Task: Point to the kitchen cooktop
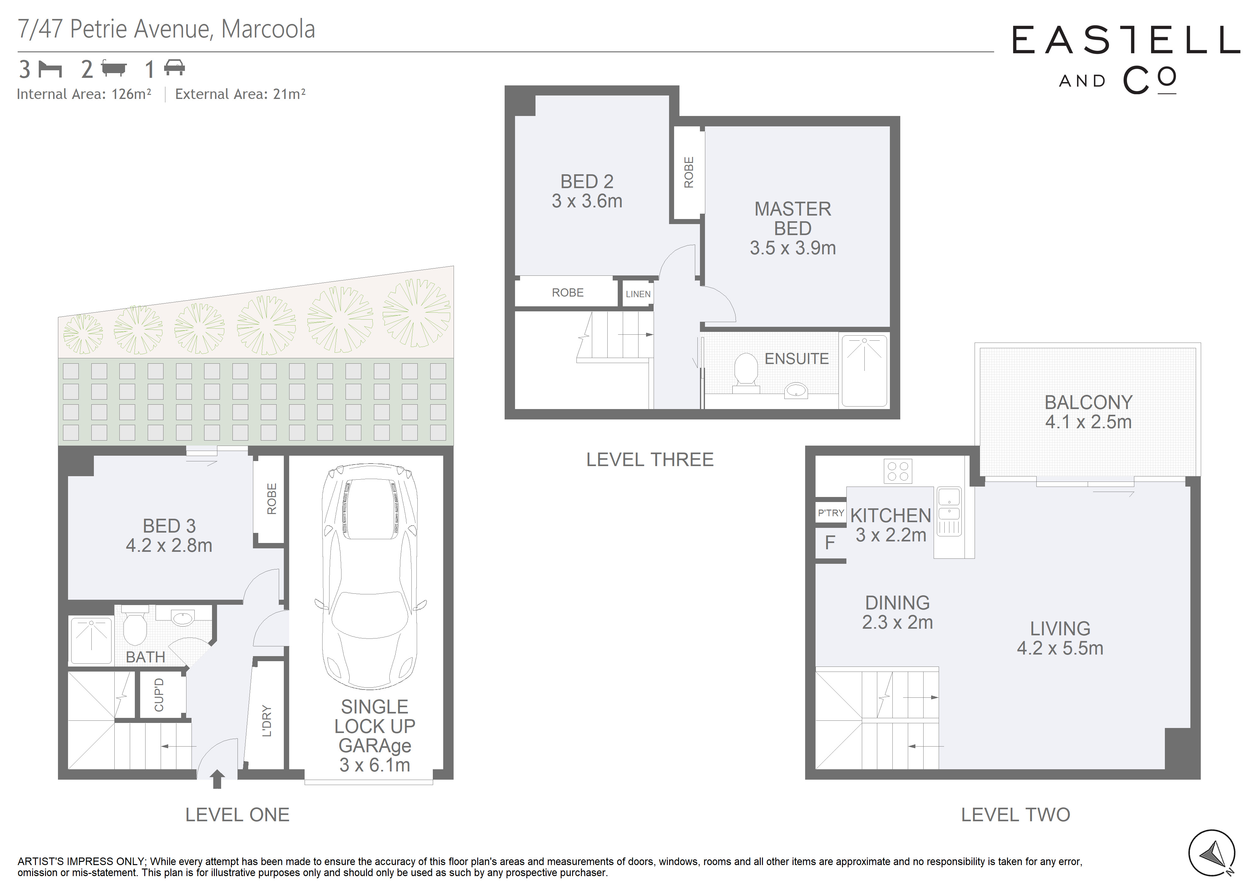pyautogui.click(x=898, y=471)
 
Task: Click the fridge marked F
pyautogui.click(x=830, y=543)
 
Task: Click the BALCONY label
pyautogui.click(x=1088, y=402)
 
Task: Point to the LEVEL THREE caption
pyautogui.click(x=650, y=459)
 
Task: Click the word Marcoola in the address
pyautogui.click(x=268, y=29)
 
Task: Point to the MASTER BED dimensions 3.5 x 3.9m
pyautogui.click(x=793, y=248)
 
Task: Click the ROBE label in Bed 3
pyautogui.click(x=272, y=499)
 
